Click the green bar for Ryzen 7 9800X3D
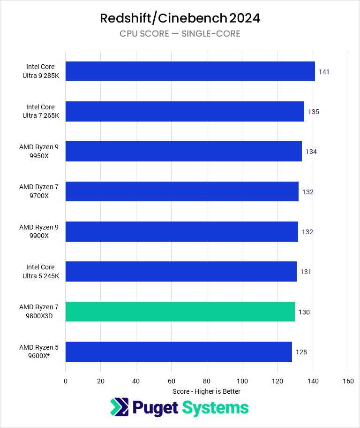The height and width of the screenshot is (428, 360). point(180,312)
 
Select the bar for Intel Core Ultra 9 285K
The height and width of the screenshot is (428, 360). point(190,71)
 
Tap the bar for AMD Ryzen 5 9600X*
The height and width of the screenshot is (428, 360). point(179,352)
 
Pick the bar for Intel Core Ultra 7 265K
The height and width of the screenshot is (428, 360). point(185,112)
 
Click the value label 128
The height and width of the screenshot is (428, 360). point(301,352)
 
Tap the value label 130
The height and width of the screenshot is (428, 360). point(304,312)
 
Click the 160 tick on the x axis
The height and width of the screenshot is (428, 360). point(348,381)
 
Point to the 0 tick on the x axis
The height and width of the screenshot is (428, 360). point(66,381)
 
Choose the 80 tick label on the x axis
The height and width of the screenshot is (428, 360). point(207,381)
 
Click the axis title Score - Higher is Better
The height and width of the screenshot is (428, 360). point(206,391)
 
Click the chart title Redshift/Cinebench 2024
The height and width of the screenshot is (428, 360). point(180,18)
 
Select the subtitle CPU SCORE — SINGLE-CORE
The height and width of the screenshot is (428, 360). point(180,34)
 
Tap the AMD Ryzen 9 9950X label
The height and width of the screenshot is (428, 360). point(39,152)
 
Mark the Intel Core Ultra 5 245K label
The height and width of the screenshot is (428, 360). point(40,272)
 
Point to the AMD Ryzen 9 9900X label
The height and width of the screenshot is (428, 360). point(39,232)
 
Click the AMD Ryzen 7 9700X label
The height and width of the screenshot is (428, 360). point(39,191)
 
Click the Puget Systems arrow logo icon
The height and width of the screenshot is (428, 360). point(119,407)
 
